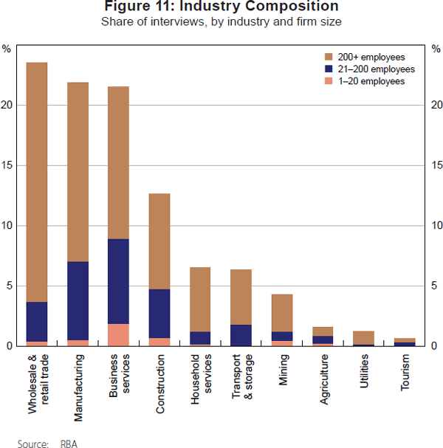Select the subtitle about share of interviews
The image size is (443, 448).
pos(221,21)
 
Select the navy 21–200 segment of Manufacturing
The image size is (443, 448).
pos(78,300)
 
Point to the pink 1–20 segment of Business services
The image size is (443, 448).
pos(119,334)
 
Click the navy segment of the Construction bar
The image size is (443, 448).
pos(160,313)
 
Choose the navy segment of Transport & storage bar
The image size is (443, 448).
pos(241,335)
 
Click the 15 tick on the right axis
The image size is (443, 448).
pos(436,165)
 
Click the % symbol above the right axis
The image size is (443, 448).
pos(436,49)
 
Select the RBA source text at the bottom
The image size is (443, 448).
pos(68,444)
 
